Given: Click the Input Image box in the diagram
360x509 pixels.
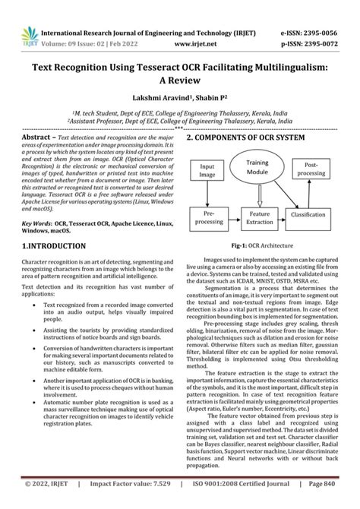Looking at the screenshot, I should pyautogui.click(x=207, y=169).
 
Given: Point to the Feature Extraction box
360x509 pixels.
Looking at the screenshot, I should pyautogui.click(x=261, y=216).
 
